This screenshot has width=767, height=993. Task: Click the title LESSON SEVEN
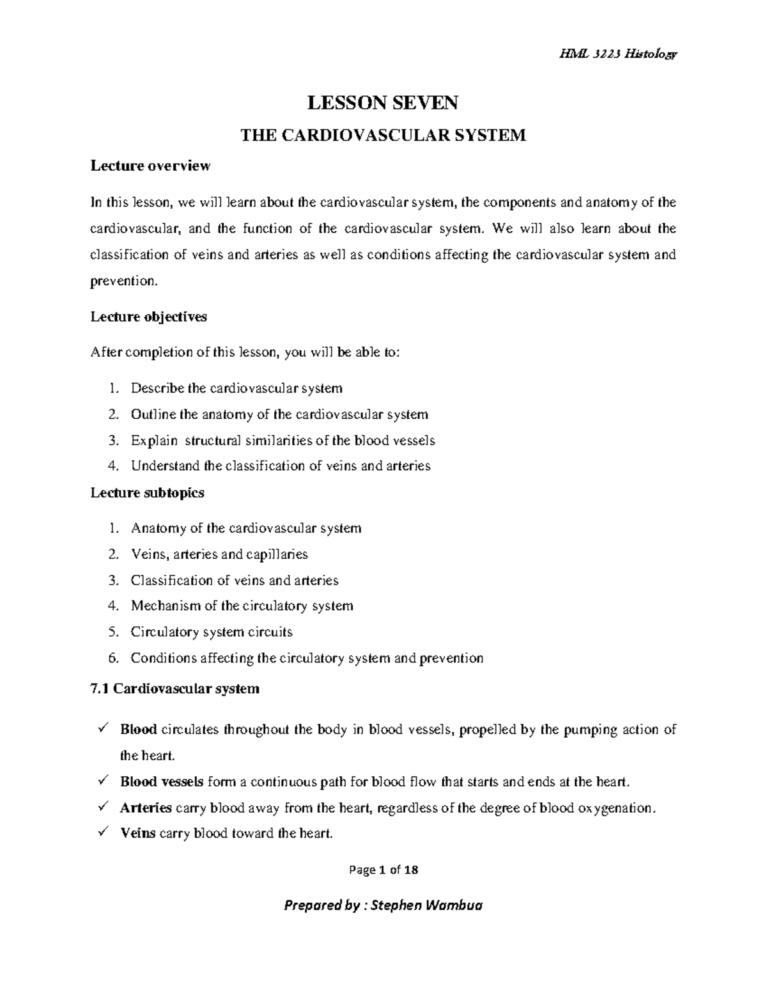click(x=383, y=103)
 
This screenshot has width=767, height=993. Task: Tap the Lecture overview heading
click(x=150, y=166)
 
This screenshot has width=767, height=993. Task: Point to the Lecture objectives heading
click(x=148, y=317)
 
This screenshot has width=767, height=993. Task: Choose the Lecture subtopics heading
click(x=148, y=493)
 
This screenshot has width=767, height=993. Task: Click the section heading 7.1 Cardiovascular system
click(x=175, y=689)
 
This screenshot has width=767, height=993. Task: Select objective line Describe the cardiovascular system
click(x=236, y=388)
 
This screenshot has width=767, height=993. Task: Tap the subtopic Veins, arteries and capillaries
click(x=219, y=554)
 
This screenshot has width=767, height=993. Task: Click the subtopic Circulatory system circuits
click(x=212, y=632)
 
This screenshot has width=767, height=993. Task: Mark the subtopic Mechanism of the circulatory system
click(x=242, y=606)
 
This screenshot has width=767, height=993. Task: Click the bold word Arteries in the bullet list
click(x=146, y=808)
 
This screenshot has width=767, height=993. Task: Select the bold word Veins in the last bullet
click(x=138, y=834)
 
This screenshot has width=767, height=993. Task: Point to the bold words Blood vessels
click(x=162, y=782)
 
